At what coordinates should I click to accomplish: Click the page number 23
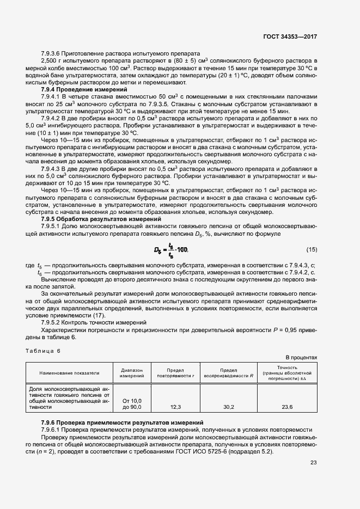click(x=313, y=463)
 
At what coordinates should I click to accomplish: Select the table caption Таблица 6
click(x=44, y=351)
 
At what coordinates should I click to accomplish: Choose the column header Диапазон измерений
click(x=131, y=373)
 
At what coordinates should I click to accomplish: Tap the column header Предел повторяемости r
click(x=175, y=373)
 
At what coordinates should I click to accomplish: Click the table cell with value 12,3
click(x=175, y=407)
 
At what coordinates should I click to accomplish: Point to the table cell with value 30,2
click(x=229, y=407)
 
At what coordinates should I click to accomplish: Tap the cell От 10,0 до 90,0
click(x=131, y=403)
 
